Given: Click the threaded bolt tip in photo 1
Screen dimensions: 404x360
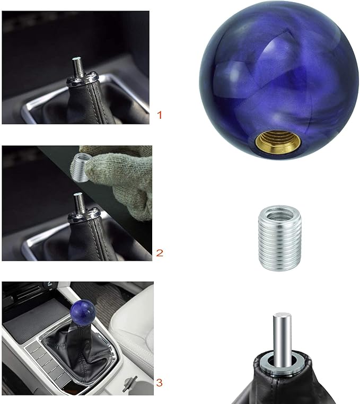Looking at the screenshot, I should tap(77, 64).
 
